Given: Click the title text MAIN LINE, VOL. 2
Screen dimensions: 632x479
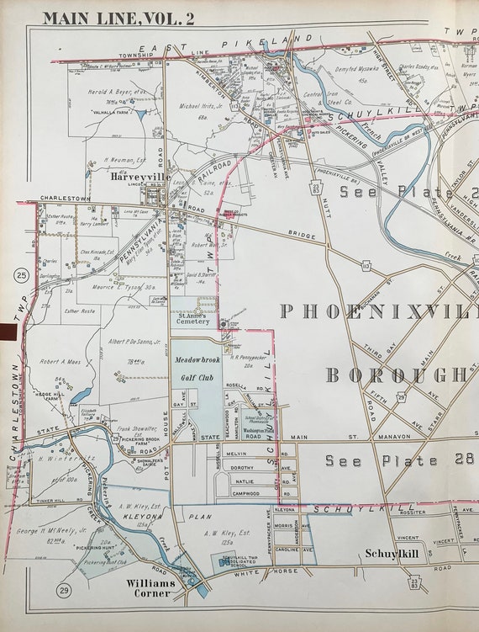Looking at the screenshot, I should [118, 18].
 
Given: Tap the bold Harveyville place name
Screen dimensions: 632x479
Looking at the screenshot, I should [139, 178].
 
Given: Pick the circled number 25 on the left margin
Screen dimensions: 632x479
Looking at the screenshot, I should [21, 275].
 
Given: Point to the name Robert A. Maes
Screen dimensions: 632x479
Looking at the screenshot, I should [60, 358].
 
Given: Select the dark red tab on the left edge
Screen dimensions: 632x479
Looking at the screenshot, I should [8, 333].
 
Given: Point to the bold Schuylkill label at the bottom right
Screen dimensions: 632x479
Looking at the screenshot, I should [392, 554].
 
